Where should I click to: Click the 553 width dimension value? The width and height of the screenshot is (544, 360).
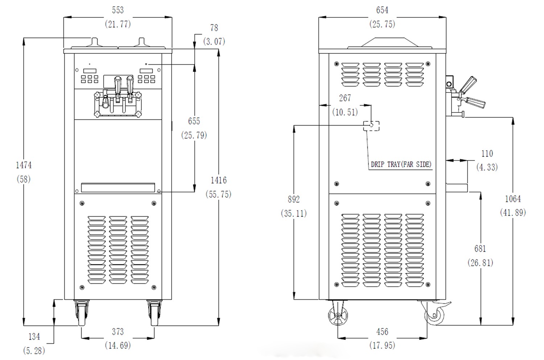click(x=118, y=10)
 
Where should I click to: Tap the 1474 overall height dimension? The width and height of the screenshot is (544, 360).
click(x=24, y=165)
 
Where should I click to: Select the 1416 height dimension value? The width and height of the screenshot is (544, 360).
click(x=218, y=180)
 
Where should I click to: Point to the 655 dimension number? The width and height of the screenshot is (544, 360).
click(x=194, y=121)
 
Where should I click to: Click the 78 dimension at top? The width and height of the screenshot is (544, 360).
click(x=214, y=28)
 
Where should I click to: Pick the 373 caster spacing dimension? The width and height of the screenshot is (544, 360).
click(x=118, y=331)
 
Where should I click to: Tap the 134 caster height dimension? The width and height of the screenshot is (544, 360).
click(x=34, y=337)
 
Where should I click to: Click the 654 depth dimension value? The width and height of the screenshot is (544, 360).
click(x=382, y=10)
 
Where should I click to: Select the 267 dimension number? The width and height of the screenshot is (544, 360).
click(x=345, y=98)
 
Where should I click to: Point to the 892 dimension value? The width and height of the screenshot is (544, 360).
click(x=294, y=199)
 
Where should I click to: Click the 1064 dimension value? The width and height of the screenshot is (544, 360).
click(x=513, y=199)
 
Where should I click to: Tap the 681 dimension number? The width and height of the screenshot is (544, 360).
click(x=480, y=249)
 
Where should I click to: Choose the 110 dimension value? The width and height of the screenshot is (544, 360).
click(x=487, y=154)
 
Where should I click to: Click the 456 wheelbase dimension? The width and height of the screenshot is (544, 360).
click(x=382, y=331)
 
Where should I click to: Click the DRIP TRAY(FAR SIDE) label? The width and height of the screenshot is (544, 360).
click(x=401, y=164)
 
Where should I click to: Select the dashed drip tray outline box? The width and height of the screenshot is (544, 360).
click(x=371, y=126)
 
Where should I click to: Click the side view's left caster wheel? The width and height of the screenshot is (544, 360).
click(x=338, y=315)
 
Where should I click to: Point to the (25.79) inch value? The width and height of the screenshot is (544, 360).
click(x=194, y=135)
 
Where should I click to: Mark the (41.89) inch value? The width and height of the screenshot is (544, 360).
click(x=513, y=213)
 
